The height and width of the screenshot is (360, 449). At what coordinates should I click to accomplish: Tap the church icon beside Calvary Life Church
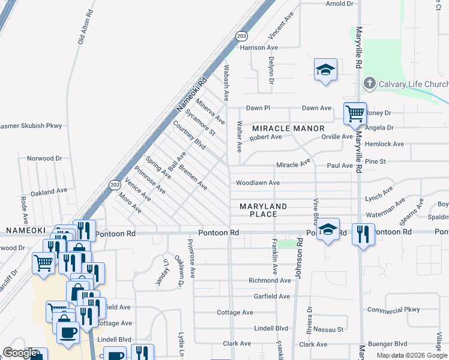[x=370, y=83]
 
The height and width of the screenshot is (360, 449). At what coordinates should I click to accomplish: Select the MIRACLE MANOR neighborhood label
[x=288, y=128]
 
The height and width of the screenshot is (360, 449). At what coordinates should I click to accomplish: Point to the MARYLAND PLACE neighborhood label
[x=263, y=210]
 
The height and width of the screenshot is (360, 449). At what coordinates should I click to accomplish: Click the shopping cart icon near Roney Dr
[x=355, y=113]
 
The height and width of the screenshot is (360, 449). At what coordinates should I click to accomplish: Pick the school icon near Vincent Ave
[x=325, y=70]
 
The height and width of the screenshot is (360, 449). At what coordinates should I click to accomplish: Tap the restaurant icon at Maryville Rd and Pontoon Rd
[x=363, y=234]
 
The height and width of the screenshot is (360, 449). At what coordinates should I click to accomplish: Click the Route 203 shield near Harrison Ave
[x=242, y=37]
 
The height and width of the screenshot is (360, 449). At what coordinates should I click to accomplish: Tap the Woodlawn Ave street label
[x=258, y=182]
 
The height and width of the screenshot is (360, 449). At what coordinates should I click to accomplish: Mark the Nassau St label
[x=331, y=329]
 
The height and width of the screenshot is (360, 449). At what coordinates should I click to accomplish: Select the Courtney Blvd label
[x=189, y=137]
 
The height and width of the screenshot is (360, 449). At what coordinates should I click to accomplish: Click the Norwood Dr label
[x=44, y=158]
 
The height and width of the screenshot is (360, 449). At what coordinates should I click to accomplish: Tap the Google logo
[x=20, y=353]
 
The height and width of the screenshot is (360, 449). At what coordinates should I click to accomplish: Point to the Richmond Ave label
[x=270, y=280]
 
